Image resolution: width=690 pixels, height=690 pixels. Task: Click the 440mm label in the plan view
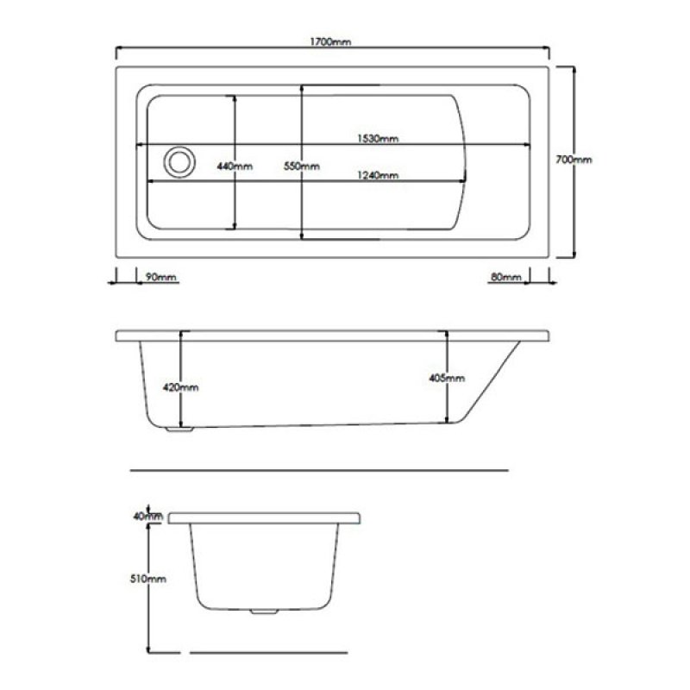pyautogui.click(x=235, y=166)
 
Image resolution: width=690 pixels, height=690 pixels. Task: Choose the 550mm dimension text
pyautogui.click(x=302, y=166)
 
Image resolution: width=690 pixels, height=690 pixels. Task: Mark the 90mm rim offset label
pyautogui.click(x=160, y=277)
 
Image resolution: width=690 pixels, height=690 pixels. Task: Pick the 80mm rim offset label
pyautogui.click(x=505, y=277)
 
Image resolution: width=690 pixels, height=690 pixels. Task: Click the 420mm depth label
pyautogui.click(x=180, y=387)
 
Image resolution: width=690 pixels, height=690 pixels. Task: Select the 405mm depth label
pyautogui.click(x=447, y=378)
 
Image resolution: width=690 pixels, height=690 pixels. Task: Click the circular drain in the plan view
pyautogui.click(x=180, y=161)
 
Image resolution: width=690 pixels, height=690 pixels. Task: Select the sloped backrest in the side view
pyautogui.click(x=487, y=379)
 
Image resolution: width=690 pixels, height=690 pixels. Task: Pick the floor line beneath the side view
pyautogui.click(x=319, y=471)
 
